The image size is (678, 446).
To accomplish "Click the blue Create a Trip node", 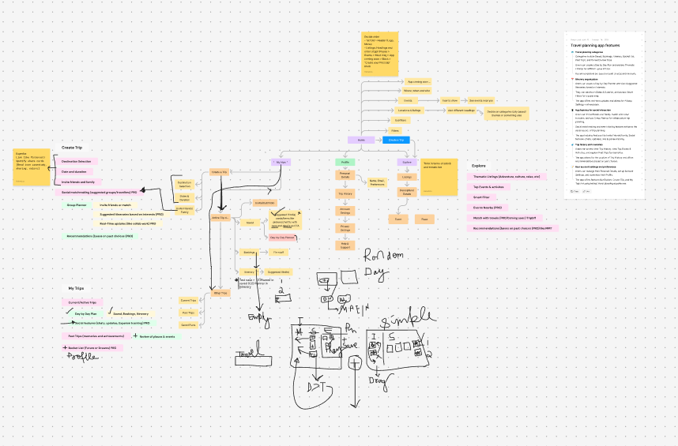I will point(396,140).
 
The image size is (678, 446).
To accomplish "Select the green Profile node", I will point(345,161).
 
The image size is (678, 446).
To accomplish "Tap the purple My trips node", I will point(282,161).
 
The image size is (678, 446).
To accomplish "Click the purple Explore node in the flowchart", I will point(406,161).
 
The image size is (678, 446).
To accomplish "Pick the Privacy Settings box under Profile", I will point(345,228).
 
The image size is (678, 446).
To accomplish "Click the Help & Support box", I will point(345,245).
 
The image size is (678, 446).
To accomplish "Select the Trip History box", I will point(345,193).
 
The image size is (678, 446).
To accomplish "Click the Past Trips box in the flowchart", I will point(188,313).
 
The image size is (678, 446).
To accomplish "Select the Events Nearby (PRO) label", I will point(488,207).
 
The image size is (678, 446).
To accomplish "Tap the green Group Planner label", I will point(76,204).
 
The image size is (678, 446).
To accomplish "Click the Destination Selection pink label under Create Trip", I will point(76,161).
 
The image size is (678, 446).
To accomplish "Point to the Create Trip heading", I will point(73,148).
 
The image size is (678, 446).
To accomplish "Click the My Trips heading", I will point(76,289).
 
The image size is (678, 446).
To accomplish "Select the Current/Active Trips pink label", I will point(82,302).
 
